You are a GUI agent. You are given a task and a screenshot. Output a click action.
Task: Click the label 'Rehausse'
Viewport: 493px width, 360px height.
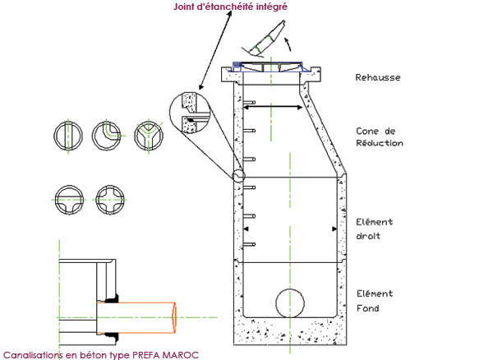click(377, 79)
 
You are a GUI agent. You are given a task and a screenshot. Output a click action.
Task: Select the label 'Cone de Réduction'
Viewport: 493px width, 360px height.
click(379, 136)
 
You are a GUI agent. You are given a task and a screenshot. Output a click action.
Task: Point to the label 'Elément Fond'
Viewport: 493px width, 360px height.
click(375, 301)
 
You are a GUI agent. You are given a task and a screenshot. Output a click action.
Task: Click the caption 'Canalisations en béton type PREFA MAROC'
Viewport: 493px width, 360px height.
click(100, 354)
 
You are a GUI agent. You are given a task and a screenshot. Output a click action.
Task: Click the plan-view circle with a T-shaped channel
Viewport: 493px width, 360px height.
click(67, 199)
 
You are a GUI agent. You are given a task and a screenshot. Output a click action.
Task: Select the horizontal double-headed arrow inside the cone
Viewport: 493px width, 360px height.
click(270, 107)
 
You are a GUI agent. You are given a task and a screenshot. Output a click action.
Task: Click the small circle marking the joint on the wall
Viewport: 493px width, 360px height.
click(237, 176)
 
